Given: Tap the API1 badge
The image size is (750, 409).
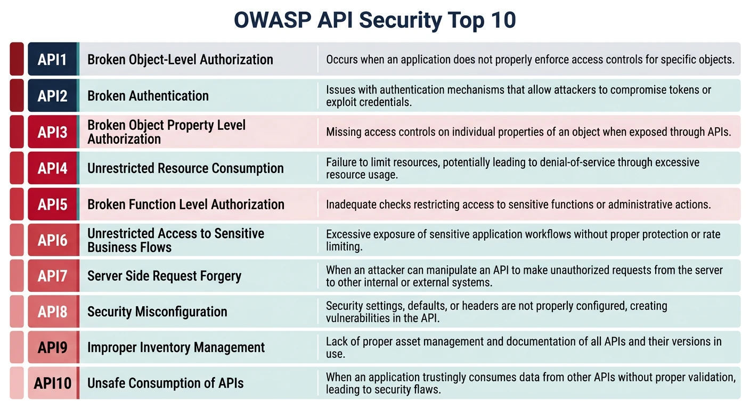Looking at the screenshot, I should tap(52, 59).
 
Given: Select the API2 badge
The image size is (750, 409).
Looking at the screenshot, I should tap(52, 96).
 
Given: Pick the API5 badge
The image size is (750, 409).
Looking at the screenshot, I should tap(52, 204).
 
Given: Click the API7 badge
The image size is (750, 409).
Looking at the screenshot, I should tap(52, 276).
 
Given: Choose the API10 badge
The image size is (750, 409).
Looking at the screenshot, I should tap(52, 383).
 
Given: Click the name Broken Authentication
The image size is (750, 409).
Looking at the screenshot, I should tap(148, 96).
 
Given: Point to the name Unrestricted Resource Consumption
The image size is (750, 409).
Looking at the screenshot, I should tap(185, 168).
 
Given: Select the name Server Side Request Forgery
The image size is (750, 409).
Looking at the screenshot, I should tap(164, 276).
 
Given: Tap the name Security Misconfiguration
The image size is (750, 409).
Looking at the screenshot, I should tap(157, 312).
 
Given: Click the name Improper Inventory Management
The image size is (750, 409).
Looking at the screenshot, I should tap(176, 348).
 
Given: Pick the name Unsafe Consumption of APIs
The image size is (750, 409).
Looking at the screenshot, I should tap(165, 383).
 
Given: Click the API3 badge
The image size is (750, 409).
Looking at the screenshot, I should tap(52, 132).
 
